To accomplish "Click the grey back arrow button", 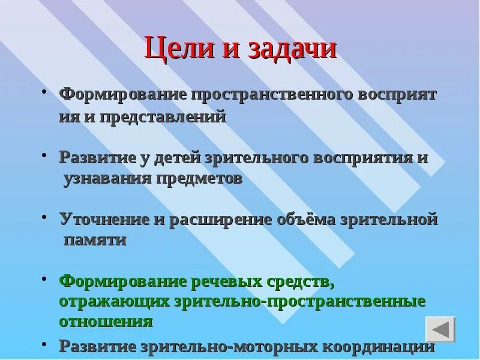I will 440,329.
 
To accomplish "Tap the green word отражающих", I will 114,301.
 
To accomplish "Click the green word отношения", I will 106,321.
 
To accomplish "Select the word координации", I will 379,347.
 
